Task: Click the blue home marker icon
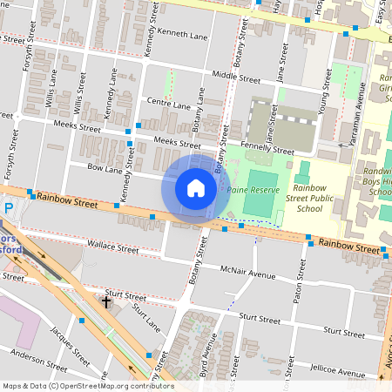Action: [x=196, y=188]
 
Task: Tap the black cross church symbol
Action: [x=106, y=302]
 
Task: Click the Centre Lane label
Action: [x=169, y=104]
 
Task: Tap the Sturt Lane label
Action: [x=145, y=315]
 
